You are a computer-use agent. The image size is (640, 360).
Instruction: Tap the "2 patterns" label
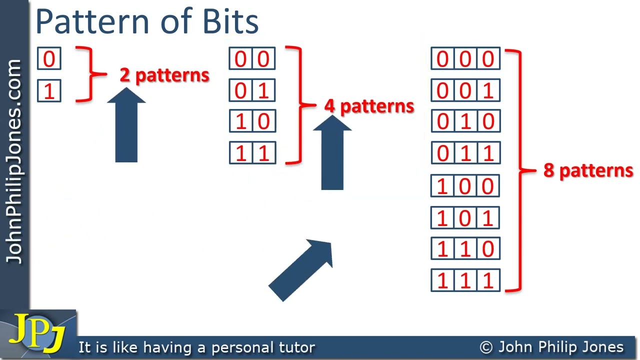(x=164, y=75)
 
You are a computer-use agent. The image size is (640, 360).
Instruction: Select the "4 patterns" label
(x=369, y=106)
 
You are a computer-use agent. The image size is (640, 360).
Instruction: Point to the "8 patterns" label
(x=588, y=170)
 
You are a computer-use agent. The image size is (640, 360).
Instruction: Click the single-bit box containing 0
(x=49, y=59)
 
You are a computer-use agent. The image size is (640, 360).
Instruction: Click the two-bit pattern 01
(x=252, y=91)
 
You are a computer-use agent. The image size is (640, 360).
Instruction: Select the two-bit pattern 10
(x=252, y=121)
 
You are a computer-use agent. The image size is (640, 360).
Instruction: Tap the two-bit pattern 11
(x=252, y=152)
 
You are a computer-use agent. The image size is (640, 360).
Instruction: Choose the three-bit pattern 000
(x=465, y=59)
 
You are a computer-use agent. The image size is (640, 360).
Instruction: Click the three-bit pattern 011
(x=465, y=152)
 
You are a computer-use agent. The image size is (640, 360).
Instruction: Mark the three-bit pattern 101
(x=465, y=217)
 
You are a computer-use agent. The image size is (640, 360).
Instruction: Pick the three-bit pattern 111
(x=465, y=280)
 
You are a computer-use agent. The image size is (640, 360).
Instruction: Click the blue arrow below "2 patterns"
(x=126, y=127)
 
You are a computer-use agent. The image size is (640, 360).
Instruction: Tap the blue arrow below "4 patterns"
(x=332, y=155)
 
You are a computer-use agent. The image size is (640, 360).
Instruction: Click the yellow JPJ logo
(x=37, y=332)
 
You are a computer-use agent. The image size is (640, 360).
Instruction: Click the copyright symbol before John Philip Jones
(x=486, y=347)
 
